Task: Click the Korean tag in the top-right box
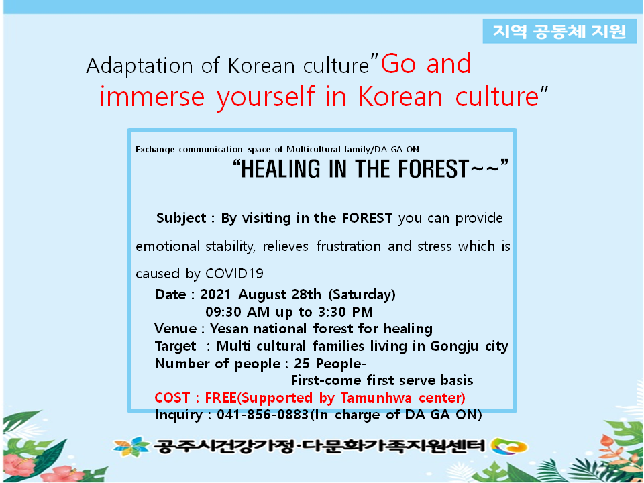point(559,32)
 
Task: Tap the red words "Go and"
point(426,64)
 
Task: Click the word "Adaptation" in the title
point(140,66)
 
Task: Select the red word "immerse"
point(152,97)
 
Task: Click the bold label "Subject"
point(180,218)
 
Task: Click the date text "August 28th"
point(280,294)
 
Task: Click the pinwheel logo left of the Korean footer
point(131,446)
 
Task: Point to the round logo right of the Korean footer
point(509,447)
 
